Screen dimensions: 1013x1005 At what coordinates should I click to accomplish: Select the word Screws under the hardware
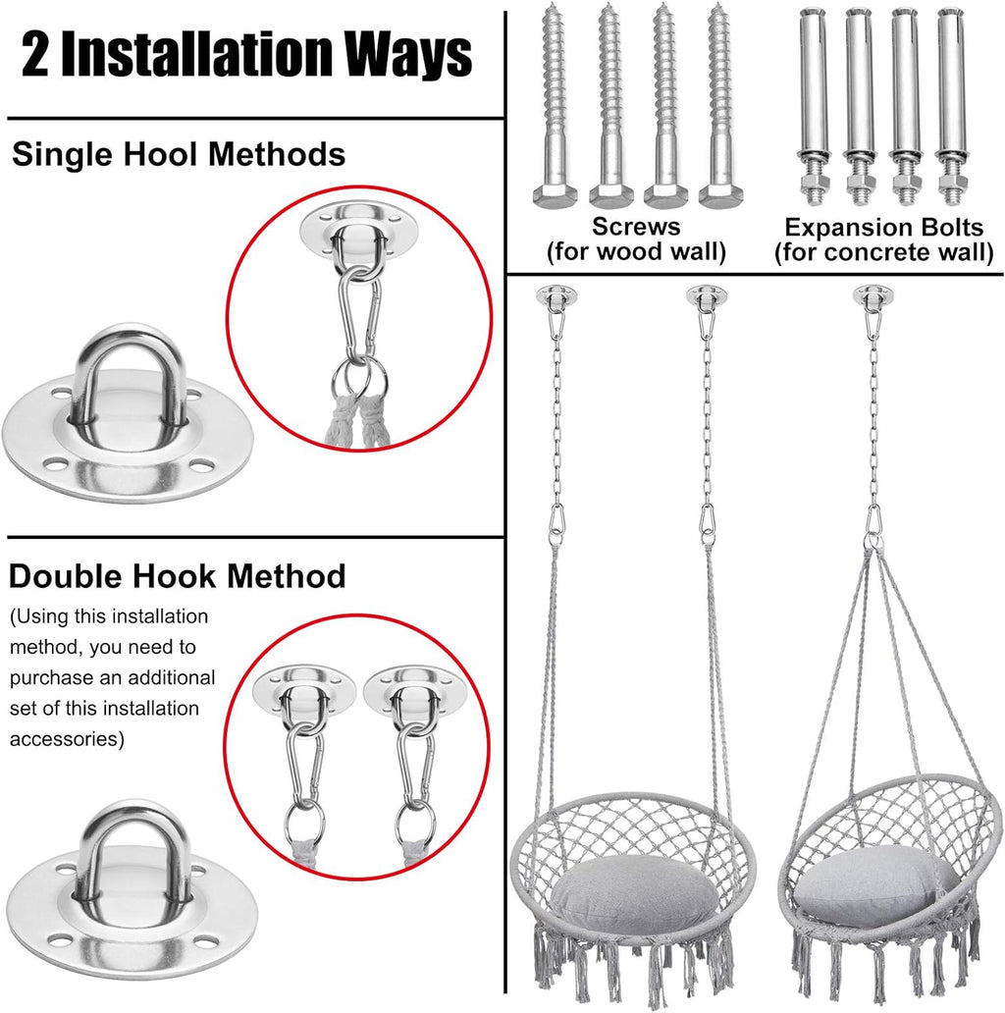point(636,227)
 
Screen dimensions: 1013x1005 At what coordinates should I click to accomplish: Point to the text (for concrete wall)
point(883,253)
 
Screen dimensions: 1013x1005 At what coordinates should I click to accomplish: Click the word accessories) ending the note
point(68,739)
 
